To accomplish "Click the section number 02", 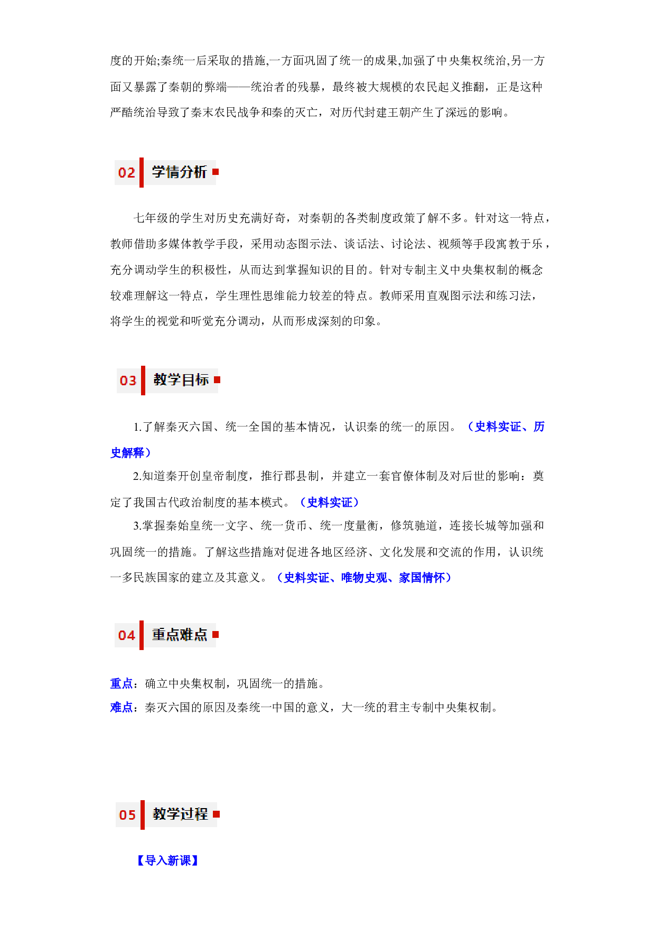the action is click(127, 173).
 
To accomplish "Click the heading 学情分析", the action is click(179, 172).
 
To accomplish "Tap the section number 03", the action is click(128, 381).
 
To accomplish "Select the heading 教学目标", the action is click(181, 379).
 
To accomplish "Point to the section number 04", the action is click(127, 635).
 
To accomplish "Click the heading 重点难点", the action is click(180, 634).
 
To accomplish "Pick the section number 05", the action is click(128, 815).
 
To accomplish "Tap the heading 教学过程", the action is click(181, 814).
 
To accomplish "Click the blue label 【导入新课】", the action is click(167, 860).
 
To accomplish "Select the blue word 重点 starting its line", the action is click(121, 683).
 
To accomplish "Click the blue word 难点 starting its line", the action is click(121, 707).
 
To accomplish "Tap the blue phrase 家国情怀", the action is click(422, 578).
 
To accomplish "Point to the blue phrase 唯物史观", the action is click(364, 578).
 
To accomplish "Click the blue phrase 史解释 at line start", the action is click(127, 452).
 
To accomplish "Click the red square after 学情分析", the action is click(216, 172).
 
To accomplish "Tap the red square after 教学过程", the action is click(217, 814).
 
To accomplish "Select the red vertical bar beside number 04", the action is click(142, 635).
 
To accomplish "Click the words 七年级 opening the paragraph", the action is click(151, 218).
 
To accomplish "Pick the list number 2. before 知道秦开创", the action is click(137, 476).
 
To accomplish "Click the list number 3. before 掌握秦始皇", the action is click(137, 526).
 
